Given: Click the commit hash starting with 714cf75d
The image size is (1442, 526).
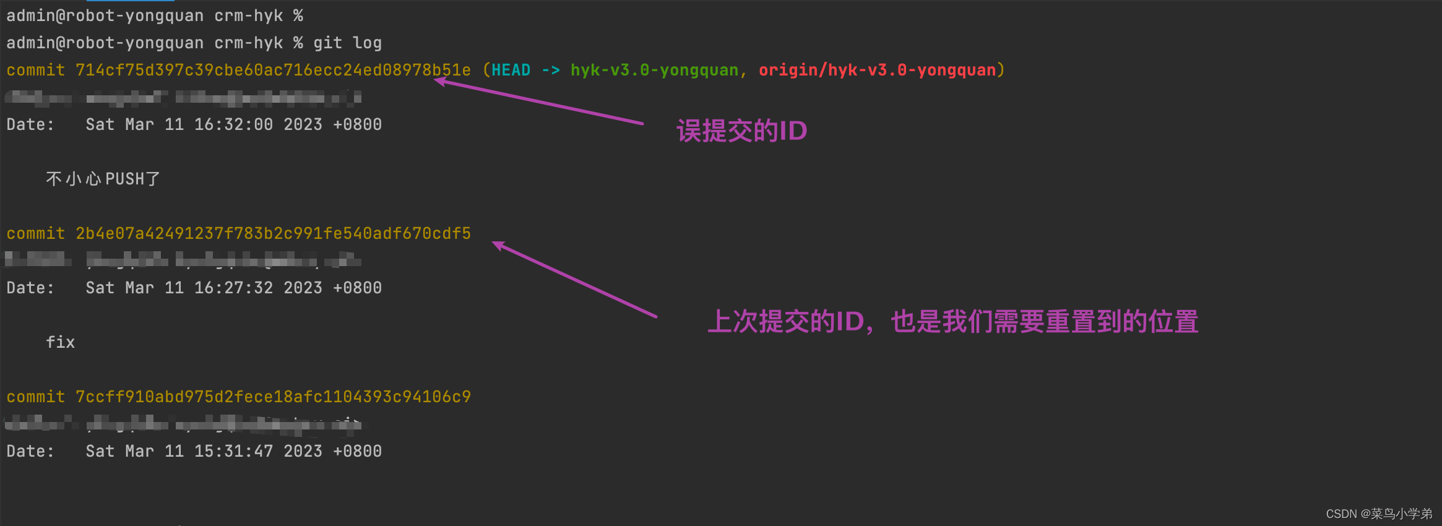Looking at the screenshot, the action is [x=272, y=70].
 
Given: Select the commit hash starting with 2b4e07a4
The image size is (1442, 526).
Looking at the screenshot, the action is [x=272, y=233].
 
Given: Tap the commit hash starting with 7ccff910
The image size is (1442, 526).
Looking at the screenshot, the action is [x=272, y=397].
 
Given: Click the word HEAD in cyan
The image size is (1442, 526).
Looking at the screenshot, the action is [x=511, y=70].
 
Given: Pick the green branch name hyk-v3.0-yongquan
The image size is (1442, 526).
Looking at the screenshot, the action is [x=654, y=70].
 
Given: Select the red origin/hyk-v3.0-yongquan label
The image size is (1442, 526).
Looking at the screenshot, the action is [x=877, y=70].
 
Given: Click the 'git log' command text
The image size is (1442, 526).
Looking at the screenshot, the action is [x=347, y=43].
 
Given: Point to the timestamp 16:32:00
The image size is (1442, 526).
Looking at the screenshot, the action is [x=233, y=124].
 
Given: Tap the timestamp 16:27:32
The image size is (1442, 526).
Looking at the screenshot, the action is [x=233, y=288].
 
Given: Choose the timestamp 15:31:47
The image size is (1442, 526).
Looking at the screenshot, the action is [x=233, y=451].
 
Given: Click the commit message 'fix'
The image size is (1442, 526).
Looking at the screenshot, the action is [x=60, y=342].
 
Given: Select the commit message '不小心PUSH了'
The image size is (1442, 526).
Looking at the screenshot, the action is [x=103, y=179].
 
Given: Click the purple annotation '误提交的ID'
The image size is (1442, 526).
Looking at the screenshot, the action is [x=741, y=131].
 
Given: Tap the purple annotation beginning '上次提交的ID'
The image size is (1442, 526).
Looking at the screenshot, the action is [x=952, y=322].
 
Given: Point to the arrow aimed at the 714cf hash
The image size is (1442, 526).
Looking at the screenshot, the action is [x=538, y=101].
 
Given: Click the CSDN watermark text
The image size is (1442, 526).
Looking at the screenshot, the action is [x=1378, y=514].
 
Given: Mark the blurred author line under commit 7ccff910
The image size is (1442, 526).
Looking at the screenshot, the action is [x=183, y=424].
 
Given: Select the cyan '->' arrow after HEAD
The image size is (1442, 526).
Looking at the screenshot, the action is [x=550, y=70].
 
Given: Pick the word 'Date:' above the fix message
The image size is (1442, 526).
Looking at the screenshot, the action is [x=30, y=288].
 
